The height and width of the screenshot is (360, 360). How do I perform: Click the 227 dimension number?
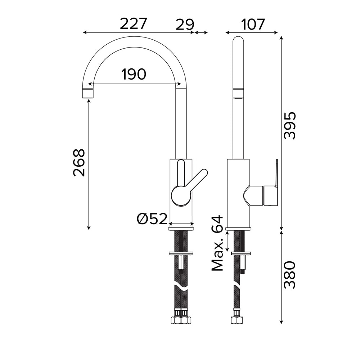click(x=133, y=24)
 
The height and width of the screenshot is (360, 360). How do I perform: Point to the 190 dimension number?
click(x=134, y=74)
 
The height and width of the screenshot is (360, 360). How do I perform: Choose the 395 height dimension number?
click(x=289, y=125)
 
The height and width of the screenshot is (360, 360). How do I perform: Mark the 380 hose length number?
click(x=289, y=275)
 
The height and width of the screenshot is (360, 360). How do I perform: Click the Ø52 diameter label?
click(x=152, y=219)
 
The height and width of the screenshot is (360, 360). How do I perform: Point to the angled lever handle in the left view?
click(x=197, y=181)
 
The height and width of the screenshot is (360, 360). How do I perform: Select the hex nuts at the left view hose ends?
click(x=181, y=320)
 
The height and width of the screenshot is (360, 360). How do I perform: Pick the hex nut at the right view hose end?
click(x=237, y=320)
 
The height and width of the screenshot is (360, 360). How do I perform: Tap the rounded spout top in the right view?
click(x=238, y=41)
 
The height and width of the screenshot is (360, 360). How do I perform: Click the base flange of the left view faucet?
click(x=181, y=229)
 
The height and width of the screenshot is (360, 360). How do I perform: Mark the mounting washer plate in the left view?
click(x=181, y=253)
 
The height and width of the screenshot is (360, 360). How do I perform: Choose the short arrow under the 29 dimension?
click(x=201, y=33)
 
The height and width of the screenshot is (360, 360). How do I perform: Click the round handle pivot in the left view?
click(x=181, y=195)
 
